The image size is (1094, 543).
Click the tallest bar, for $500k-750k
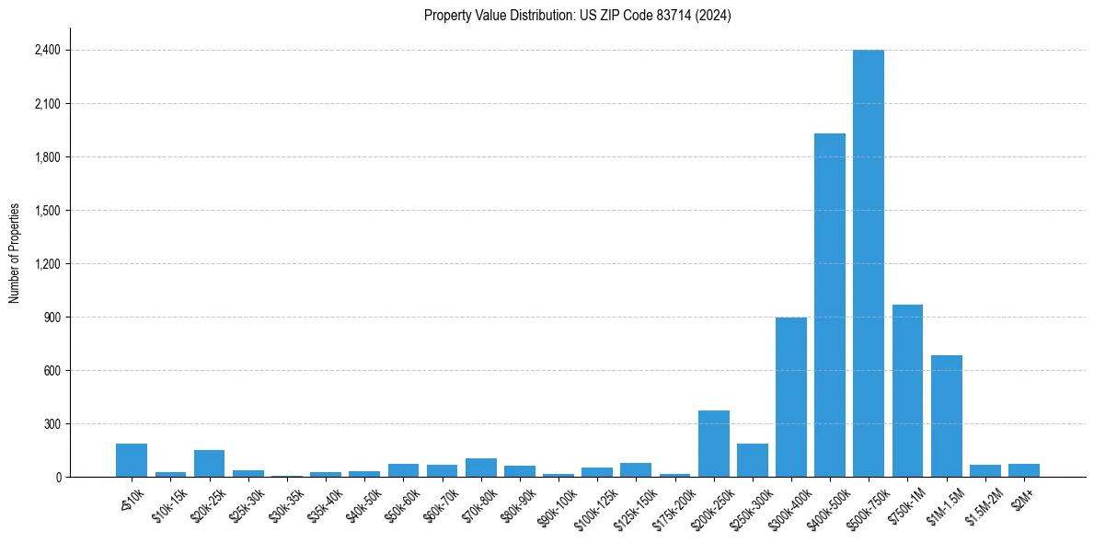click(x=868, y=263)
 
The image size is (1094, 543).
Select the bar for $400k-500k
click(x=829, y=306)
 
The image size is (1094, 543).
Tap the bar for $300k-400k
click(x=790, y=398)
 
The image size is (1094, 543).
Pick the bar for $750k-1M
click(x=907, y=391)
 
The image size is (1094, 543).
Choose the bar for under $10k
click(x=132, y=460)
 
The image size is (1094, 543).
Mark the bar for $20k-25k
click(x=209, y=463)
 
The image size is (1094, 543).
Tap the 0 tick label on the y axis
click(x=57, y=478)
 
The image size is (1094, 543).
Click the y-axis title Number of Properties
click(x=14, y=252)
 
